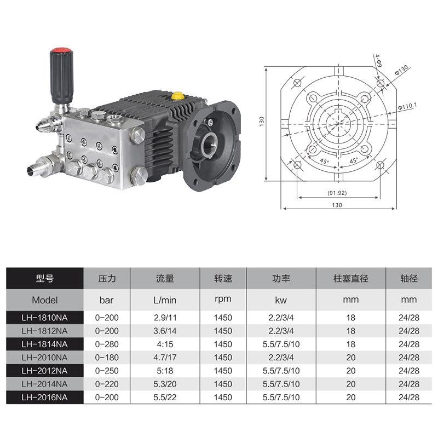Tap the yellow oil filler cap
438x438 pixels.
click(x=177, y=96)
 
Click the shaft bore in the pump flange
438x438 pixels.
click(x=210, y=143)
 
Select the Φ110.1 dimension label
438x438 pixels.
click(x=407, y=106)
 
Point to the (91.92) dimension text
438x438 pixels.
click(x=337, y=193)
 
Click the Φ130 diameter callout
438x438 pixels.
click(x=401, y=70)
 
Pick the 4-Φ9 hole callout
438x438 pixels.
click(x=378, y=61)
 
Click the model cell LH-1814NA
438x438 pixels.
click(x=45, y=344)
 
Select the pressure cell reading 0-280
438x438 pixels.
click(x=107, y=344)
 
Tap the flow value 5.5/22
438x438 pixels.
click(x=165, y=397)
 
